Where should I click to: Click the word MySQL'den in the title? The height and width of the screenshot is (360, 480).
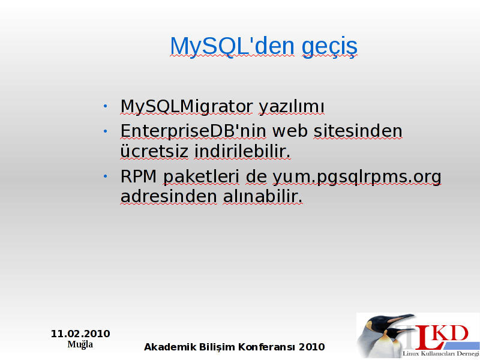[x=232, y=46]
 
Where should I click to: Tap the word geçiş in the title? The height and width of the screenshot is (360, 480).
[x=329, y=47]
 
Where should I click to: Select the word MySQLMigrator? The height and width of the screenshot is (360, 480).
[x=187, y=107]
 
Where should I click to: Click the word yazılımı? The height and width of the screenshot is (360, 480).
[x=292, y=107]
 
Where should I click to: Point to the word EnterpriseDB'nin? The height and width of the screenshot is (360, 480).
[x=193, y=131]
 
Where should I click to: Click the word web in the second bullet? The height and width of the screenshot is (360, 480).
[x=290, y=131]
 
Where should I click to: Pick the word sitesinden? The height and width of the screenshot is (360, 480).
[x=358, y=131]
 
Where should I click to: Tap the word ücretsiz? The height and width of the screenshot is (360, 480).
[x=154, y=151]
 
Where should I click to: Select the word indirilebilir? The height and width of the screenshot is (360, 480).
[x=242, y=151]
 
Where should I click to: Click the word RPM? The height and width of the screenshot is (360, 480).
[x=139, y=176]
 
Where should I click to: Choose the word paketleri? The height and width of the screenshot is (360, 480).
[x=201, y=176]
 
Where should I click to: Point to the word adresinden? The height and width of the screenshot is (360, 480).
[x=169, y=196]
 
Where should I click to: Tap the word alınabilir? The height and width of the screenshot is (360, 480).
[x=263, y=196]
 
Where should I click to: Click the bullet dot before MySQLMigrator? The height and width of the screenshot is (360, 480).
[x=106, y=106]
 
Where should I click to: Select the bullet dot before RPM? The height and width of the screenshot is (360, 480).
[x=106, y=176]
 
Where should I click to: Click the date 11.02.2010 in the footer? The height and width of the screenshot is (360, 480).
[x=80, y=334]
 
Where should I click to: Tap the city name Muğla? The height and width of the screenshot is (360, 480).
[x=80, y=344]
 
